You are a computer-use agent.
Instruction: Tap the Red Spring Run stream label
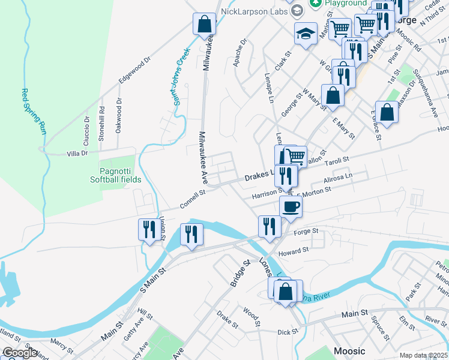(x=35, y=111)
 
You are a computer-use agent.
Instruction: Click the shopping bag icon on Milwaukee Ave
(x=204, y=25)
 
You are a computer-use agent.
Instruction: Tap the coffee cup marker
(x=291, y=207)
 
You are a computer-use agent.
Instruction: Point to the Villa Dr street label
(x=77, y=154)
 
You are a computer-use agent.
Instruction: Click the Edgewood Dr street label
(x=134, y=70)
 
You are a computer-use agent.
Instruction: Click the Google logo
(x=20, y=353)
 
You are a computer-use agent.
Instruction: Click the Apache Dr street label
(x=241, y=53)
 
